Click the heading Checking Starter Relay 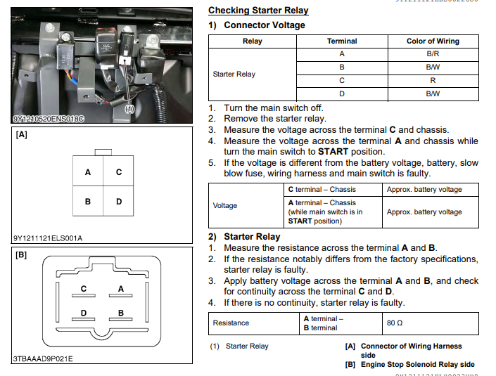pos(258,11)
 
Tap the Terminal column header pos(341,41)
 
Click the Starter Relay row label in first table pos(234,74)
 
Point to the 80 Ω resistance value pos(394,323)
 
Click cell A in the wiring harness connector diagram pos(88,172)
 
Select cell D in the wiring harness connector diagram pos(119,202)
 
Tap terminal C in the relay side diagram pos(84,289)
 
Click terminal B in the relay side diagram pos(121,313)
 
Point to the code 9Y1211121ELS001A pos(48,238)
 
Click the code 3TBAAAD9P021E pos(43,359)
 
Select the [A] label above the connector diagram pos(22,135)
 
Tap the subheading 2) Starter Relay pos(244,237)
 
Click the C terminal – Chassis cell pos(322,190)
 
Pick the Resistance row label pos(231,323)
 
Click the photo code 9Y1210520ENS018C pos(48,119)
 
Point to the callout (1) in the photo pos(129,109)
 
